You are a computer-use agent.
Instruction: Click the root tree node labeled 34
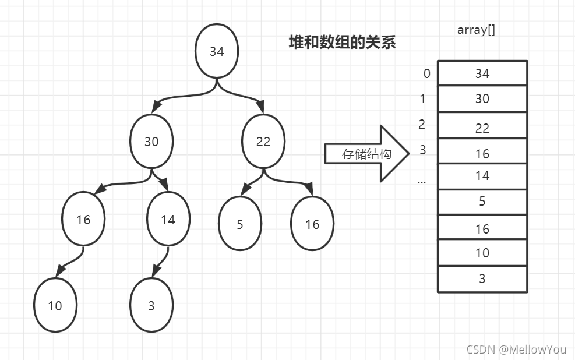217,51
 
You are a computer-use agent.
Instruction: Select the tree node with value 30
151,142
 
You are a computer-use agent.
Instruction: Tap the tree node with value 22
263,142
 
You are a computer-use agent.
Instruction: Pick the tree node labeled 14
168,220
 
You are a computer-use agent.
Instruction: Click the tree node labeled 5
240,224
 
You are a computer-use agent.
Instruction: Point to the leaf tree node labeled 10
55,305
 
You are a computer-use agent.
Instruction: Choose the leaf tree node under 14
151,305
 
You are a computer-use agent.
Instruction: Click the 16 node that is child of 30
84,220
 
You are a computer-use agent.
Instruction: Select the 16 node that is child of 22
312,224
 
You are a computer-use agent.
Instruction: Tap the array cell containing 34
482,73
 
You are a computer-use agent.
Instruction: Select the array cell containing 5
482,202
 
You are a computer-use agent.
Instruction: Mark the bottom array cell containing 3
482,279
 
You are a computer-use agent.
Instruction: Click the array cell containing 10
482,253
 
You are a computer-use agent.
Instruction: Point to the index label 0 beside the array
427,73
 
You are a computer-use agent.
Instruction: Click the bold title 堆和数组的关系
343,42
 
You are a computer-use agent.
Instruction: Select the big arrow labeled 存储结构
367,154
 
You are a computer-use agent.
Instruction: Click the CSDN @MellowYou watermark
516,350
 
